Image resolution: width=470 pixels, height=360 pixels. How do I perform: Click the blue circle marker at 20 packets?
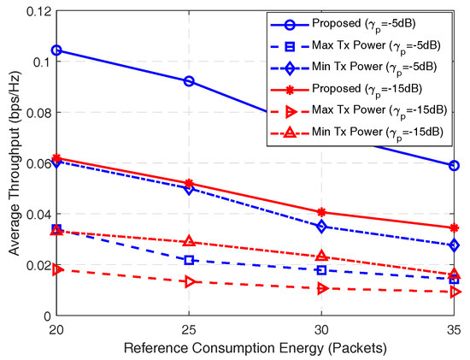(56, 50)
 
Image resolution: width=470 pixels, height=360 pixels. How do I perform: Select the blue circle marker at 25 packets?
(189, 81)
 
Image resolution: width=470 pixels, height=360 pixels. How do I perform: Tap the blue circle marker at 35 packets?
(455, 166)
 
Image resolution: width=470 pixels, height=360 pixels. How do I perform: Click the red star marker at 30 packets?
(322, 212)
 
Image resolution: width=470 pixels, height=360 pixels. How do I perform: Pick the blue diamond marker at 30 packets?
(322, 227)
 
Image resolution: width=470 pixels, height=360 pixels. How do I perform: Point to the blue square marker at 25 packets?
(189, 260)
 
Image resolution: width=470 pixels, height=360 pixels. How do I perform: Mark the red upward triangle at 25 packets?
(189, 242)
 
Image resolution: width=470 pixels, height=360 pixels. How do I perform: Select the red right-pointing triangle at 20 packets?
(56, 269)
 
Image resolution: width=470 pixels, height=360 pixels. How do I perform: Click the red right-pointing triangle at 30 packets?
(322, 288)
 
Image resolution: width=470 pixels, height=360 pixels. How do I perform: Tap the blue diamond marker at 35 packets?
(455, 245)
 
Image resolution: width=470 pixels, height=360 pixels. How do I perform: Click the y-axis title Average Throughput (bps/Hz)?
(11, 162)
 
